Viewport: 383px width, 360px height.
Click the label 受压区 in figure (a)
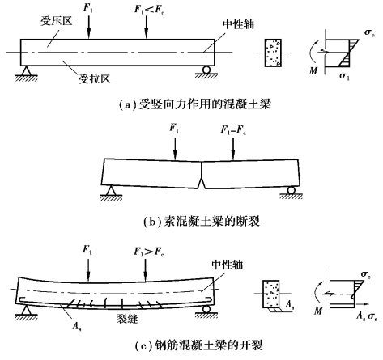[x=57, y=21]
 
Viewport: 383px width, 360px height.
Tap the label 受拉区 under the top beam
[x=95, y=79]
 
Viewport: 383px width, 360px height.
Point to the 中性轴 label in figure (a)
[x=239, y=24]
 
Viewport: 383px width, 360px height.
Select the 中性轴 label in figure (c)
[x=228, y=265]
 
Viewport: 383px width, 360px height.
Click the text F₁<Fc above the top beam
[x=150, y=10]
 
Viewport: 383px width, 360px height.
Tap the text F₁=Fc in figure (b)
[x=234, y=129]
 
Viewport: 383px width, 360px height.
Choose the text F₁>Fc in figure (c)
[x=149, y=252]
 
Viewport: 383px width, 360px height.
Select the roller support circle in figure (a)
[x=206, y=70]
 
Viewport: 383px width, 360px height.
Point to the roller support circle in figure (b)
[x=291, y=190]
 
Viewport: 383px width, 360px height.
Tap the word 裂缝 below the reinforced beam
[x=127, y=319]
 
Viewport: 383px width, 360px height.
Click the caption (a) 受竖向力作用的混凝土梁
[x=195, y=104]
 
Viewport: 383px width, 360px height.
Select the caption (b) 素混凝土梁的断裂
[x=202, y=222]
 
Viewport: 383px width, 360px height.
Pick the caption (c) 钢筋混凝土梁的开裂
[x=198, y=345]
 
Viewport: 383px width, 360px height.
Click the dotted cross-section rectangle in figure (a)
[x=273, y=53]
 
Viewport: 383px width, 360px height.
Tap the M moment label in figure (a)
[x=313, y=70]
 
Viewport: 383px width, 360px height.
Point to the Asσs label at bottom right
[x=367, y=316]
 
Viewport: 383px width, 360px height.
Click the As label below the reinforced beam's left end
[x=77, y=326]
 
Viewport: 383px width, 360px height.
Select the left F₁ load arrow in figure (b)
[x=176, y=149]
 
